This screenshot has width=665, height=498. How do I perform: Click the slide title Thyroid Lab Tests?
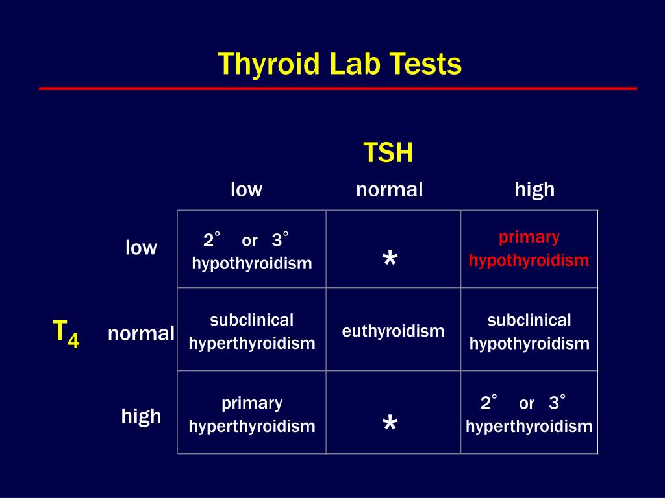(x=339, y=65)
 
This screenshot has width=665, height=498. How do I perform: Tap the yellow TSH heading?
(x=388, y=152)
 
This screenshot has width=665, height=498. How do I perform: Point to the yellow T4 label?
(x=66, y=334)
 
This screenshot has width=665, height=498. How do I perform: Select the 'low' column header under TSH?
(x=246, y=189)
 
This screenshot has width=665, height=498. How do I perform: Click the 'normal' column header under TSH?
(x=390, y=190)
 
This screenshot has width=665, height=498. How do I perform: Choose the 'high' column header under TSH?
(x=534, y=190)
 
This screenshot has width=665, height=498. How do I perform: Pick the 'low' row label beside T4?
(x=141, y=247)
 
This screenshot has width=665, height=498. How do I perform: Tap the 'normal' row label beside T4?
(x=141, y=334)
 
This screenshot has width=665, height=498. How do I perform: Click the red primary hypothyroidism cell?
(x=529, y=249)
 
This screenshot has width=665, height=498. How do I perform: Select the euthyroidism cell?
(x=393, y=331)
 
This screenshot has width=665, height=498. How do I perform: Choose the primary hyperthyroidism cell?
(x=252, y=414)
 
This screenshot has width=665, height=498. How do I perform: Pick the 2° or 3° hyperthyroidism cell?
(x=529, y=414)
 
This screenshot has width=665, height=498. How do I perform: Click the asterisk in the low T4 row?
(x=390, y=257)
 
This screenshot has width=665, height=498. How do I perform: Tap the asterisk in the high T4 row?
(x=390, y=423)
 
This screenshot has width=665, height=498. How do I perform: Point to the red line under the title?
(x=338, y=88)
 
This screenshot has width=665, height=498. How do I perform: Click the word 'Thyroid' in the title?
(x=269, y=65)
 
